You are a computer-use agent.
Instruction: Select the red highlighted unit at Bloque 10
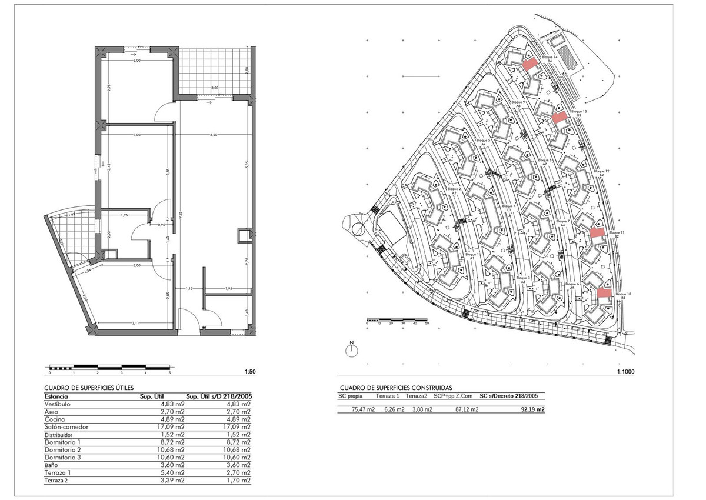tap(604, 292)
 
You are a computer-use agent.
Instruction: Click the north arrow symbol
tap(351, 351)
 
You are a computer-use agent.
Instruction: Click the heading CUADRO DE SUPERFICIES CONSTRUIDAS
tap(396, 388)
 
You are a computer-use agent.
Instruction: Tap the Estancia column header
tap(56, 396)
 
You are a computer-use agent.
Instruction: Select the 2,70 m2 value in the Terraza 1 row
tap(240, 473)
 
